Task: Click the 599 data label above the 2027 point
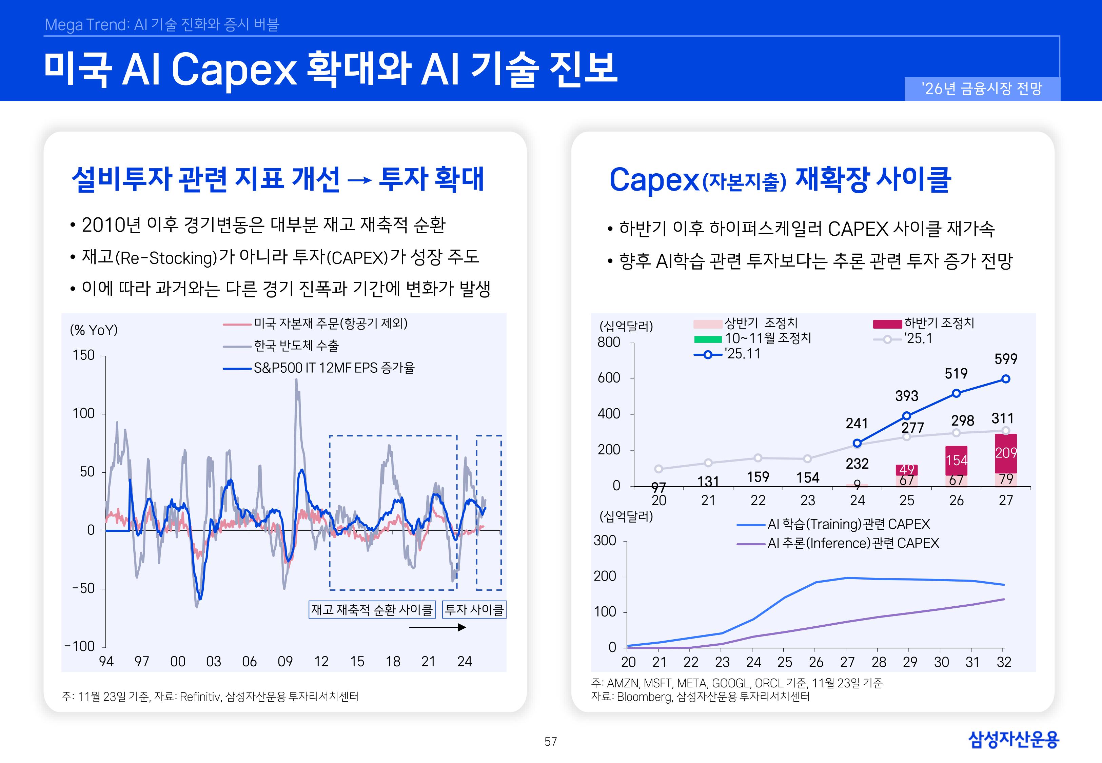pyautogui.click(x=1005, y=359)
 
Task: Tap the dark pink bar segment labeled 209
pyautogui.click(x=1005, y=453)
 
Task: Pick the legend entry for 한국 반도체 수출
pyautogui.click(x=281, y=346)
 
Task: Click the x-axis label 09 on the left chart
pyautogui.click(x=285, y=662)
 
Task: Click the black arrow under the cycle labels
pyautogui.click(x=437, y=627)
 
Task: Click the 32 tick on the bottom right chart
pyautogui.click(x=1004, y=662)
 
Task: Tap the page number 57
pyautogui.click(x=551, y=742)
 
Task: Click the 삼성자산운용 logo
pyautogui.click(x=1013, y=739)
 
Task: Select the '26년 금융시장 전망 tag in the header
pyautogui.click(x=982, y=89)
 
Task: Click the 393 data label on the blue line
pyautogui.click(x=907, y=396)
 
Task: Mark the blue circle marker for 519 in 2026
pyautogui.click(x=956, y=393)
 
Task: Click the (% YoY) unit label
pyautogui.click(x=94, y=330)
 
